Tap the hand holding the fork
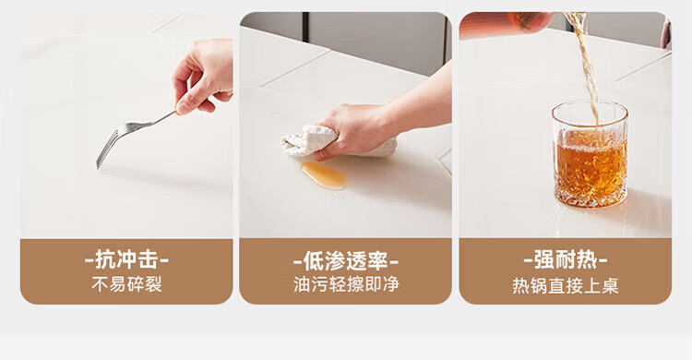pyautogui.click(x=204, y=75)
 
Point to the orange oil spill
pyautogui.click(x=324, y=174)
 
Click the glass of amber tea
pyautogui.click(x=591, y=154)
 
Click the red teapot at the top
pyautogui.click(x=507, y=23)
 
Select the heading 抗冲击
pyautogui.click(x=126, y=259)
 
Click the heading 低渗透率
pyautogui.click(x=346, y=261)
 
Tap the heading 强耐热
pyautogui.click(x=566, y=259)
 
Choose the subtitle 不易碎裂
pyautogui.click(x=126, y=284)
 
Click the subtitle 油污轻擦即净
pyautogui.click(x=346, y=284)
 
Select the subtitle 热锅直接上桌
pyautogui.click(x=566, y=286)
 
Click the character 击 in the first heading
pyautogui.click(x=148, y=259)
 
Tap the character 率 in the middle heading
pyautogui.click(x=377, y=261)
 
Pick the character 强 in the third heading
pyautogui.click(x=544, y=259)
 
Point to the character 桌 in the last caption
pyautogui.click(x=610, y=286)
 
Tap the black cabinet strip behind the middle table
pyautogui.click(x=305, y=28)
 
